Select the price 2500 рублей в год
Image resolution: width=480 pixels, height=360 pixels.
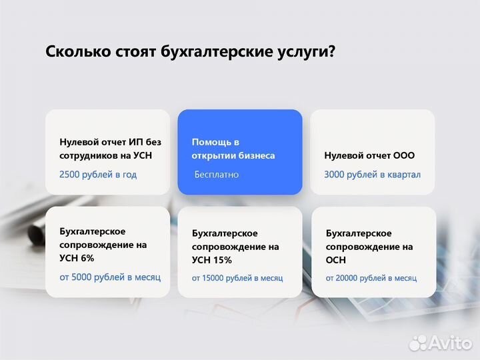pyautogui.click(x=98, y=174)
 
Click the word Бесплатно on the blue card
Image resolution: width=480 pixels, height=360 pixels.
pyautogui.click(x=216, y=174)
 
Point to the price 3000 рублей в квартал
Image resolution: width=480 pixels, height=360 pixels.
pyautogui.click(x=372, y=174)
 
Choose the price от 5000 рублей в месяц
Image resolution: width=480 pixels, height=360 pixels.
pyautogui.click(x=110, y=277)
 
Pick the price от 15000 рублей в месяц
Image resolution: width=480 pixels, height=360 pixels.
pyautogui.click(x=237, y=277)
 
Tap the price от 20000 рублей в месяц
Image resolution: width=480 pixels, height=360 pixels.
pyautogui.click(x=371, y=277)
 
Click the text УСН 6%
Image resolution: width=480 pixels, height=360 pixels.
pyautogui.click(x=77, y=258)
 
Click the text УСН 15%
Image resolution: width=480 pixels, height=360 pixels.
pyautogui.click(x=211, y=260)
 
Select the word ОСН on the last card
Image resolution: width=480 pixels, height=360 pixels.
pyautogui.click(x=337, y=260)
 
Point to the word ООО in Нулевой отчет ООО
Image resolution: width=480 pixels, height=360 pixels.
pyautogui.click(x=403, y=155)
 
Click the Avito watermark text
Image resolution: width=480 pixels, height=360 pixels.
pyautogui.click(x=451, y=341)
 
